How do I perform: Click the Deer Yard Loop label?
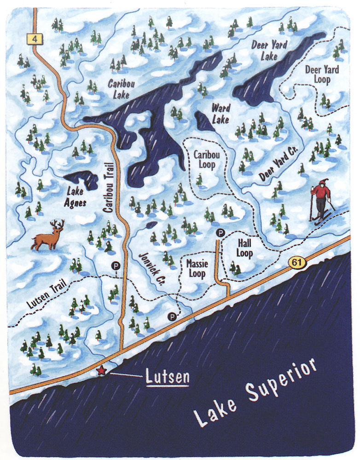point(321,75)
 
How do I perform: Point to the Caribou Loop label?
point(206,159)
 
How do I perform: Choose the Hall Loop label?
point(244,248)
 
